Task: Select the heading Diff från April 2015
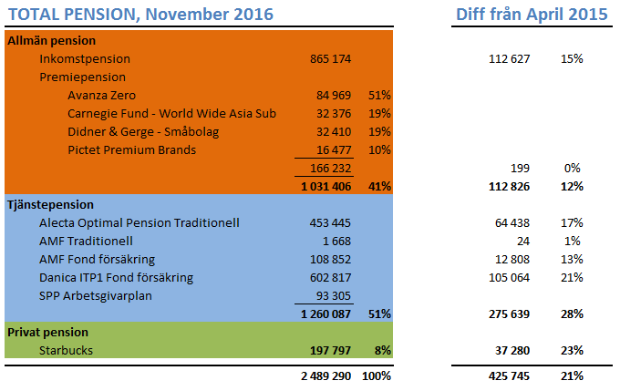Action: (x=532, y=15)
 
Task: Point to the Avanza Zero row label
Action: (x=104, y=96)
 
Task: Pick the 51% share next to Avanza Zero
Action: (x=379, y=96)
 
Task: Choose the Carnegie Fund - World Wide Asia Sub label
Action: (x=171, y=114)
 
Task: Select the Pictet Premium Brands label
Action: (x=131, y=149)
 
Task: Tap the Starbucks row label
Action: (x=66, y=350)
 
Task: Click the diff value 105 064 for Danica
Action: (x=510, y=277)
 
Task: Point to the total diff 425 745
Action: (x=510, y=375)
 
